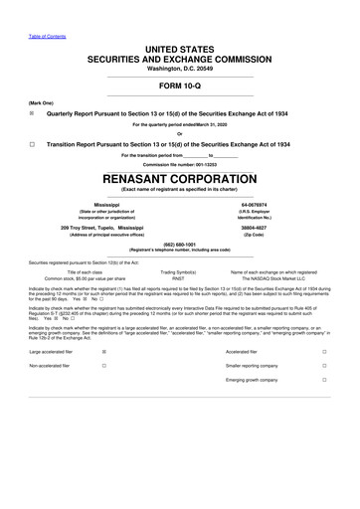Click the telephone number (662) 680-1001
point(179,244)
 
